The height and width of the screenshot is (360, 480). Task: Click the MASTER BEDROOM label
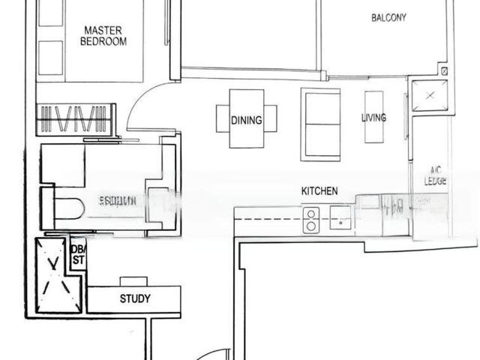[x=103, y=36]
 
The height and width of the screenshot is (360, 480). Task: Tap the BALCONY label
[x=388, y=17]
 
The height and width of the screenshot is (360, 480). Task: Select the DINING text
[x=247, y=119]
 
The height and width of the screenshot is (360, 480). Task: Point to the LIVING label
[x=373, y=118]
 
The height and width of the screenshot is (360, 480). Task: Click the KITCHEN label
[x=319, y=191]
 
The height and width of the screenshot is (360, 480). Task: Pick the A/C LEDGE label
[x=436, y=175]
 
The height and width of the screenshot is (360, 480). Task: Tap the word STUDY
[x=135, y=298]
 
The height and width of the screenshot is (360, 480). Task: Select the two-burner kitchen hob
[x=310, y=220]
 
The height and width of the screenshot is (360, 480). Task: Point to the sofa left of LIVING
[x=320, y=124]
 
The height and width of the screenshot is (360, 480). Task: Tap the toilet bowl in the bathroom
[x=67, y=207]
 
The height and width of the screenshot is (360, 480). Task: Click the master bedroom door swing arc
[x=146, y=101]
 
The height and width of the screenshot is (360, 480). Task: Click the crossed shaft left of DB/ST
[x=52, y=275]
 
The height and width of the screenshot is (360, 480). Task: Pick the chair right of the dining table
[x=271, y=118]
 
